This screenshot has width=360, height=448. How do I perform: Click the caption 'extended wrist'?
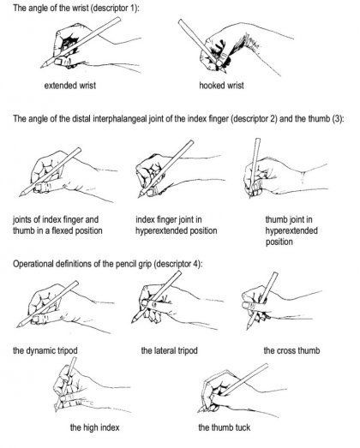[x=70, y=86]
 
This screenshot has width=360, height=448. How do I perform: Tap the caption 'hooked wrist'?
[x=222, y=86]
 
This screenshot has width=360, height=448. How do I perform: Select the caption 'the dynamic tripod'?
[x=45, y=350]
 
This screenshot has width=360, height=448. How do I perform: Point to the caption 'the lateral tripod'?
[x=169, y=350]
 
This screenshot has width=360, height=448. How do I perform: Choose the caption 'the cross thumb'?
[x=291, y=350]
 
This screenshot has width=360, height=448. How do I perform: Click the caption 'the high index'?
[x=94, y=427]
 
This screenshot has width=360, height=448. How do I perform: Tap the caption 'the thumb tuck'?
[x=225, y=427]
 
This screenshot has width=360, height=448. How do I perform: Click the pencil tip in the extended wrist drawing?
[x=41, y=68]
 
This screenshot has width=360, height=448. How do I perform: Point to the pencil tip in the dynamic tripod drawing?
[x=17, y=327]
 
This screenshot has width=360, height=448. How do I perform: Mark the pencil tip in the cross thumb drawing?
[x=248, y=329]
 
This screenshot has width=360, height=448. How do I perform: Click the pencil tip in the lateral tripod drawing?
[x=132, y=323]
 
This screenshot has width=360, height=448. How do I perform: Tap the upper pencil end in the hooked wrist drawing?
[x=179, y=21]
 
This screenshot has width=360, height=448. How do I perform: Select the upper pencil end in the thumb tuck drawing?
[x=267, y=365]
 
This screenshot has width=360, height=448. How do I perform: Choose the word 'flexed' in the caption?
[x=62, y=230]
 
